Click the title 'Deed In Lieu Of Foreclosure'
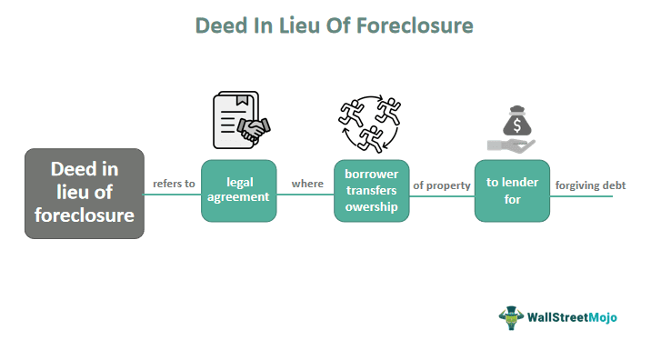pyautogui.click(x=335, y=25)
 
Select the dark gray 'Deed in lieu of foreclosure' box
pyautogui.click(x=85, y=193)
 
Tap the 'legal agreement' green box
pyautogui.click(x=238, y=191)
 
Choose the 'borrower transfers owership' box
pyautogui.click(x=372, y=191)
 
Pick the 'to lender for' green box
pyautogui.click(x=512, y=191)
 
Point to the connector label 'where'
pyautogui.click(x=307, y=184)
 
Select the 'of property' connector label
pyautogui.click(x=442, y=185)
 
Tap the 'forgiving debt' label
pyautogui.click(x=591, y=185)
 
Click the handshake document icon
pyautogui.click(x=238, y=120)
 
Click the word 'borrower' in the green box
pyautogui.click(x=372, y=174)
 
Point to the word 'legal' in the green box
pyautogui.click(x=238, y=182)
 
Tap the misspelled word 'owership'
pyautogui.click(x=372, y=208)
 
